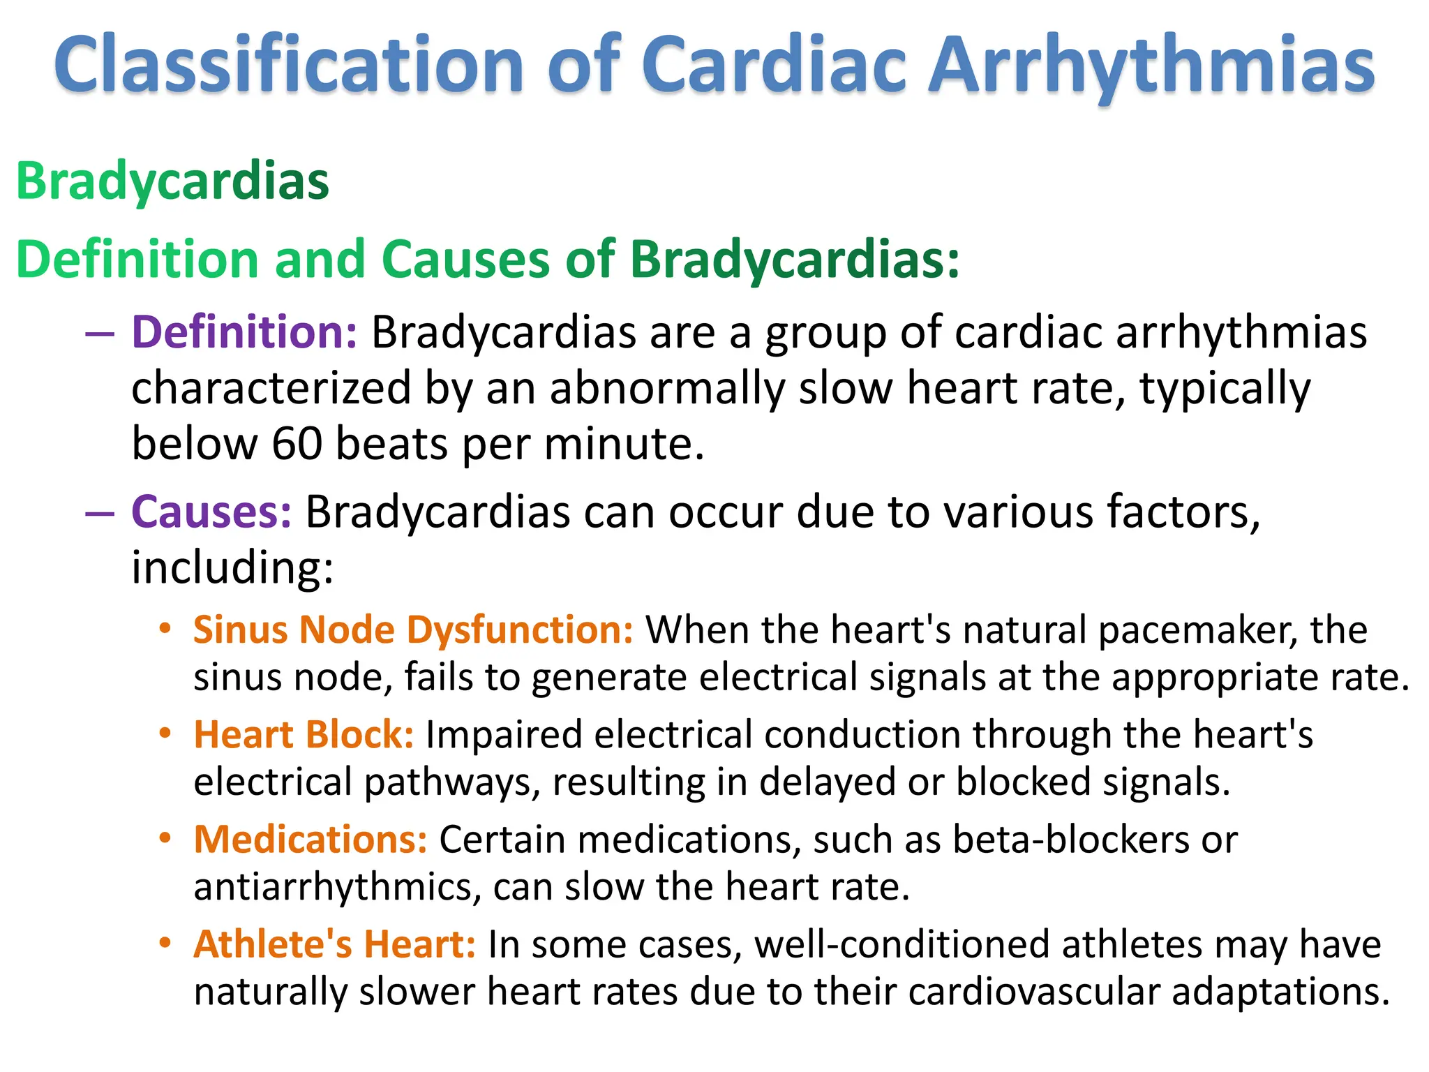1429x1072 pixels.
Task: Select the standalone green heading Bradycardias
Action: point(172,181)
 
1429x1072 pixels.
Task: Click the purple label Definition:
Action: point(244,332)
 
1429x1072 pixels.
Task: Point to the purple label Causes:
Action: point(211,512)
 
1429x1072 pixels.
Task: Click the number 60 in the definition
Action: point(297,443)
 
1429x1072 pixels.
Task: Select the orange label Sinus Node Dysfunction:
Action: point(413,630)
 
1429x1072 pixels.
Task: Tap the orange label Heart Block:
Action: point(304,735)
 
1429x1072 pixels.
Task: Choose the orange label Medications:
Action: point(311,840)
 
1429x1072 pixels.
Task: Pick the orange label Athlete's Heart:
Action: point(335,944)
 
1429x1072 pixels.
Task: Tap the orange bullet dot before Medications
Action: point(165,838)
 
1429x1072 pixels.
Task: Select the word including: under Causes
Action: point(232,567)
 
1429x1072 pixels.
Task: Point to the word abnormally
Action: point(667,388)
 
